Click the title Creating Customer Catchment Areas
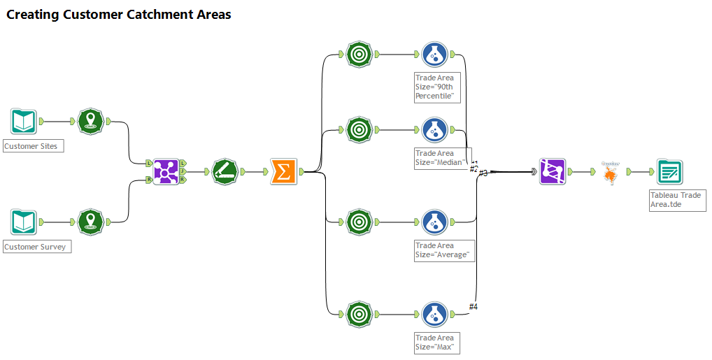coord(119,14)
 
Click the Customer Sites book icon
coord(24,121)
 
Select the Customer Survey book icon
coord(24,222)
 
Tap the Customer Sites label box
coord(34,146)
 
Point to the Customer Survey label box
coord(37,247)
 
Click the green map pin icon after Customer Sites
coord(90,121)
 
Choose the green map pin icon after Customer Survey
coord(90,222)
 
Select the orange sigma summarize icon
coord(283,171)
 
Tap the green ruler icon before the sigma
coord(225,171)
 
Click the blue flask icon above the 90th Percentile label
coord(435,54)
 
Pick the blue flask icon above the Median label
coord(435,129)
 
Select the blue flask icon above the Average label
coord(435,222)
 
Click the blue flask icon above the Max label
coord(435,314)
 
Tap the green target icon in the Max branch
coord(359,314)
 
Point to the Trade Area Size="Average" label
coord(445,250)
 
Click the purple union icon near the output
coord(552,171)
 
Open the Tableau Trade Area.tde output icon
coord(669,171)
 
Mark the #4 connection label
coord(474,306)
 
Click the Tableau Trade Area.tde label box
coord(676,199)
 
